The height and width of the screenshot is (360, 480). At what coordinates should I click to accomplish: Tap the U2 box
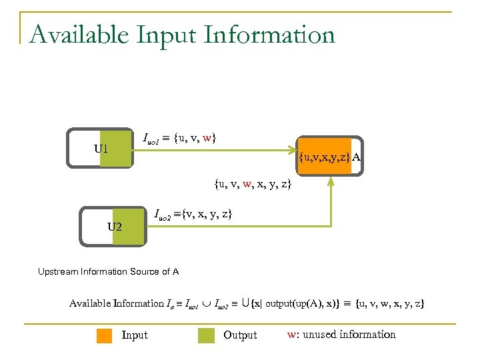(113, 227)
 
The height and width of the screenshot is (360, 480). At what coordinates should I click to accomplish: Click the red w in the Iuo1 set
(207, 138)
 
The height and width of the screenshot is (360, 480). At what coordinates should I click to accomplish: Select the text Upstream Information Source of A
(108, 271)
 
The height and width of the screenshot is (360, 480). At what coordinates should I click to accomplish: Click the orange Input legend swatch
(105, 335)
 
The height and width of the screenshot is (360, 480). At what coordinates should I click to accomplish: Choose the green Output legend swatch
(207, 335)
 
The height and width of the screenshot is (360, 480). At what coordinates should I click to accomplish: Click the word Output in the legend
(240, 335)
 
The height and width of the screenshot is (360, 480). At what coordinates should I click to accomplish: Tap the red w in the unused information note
(291, 335)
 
